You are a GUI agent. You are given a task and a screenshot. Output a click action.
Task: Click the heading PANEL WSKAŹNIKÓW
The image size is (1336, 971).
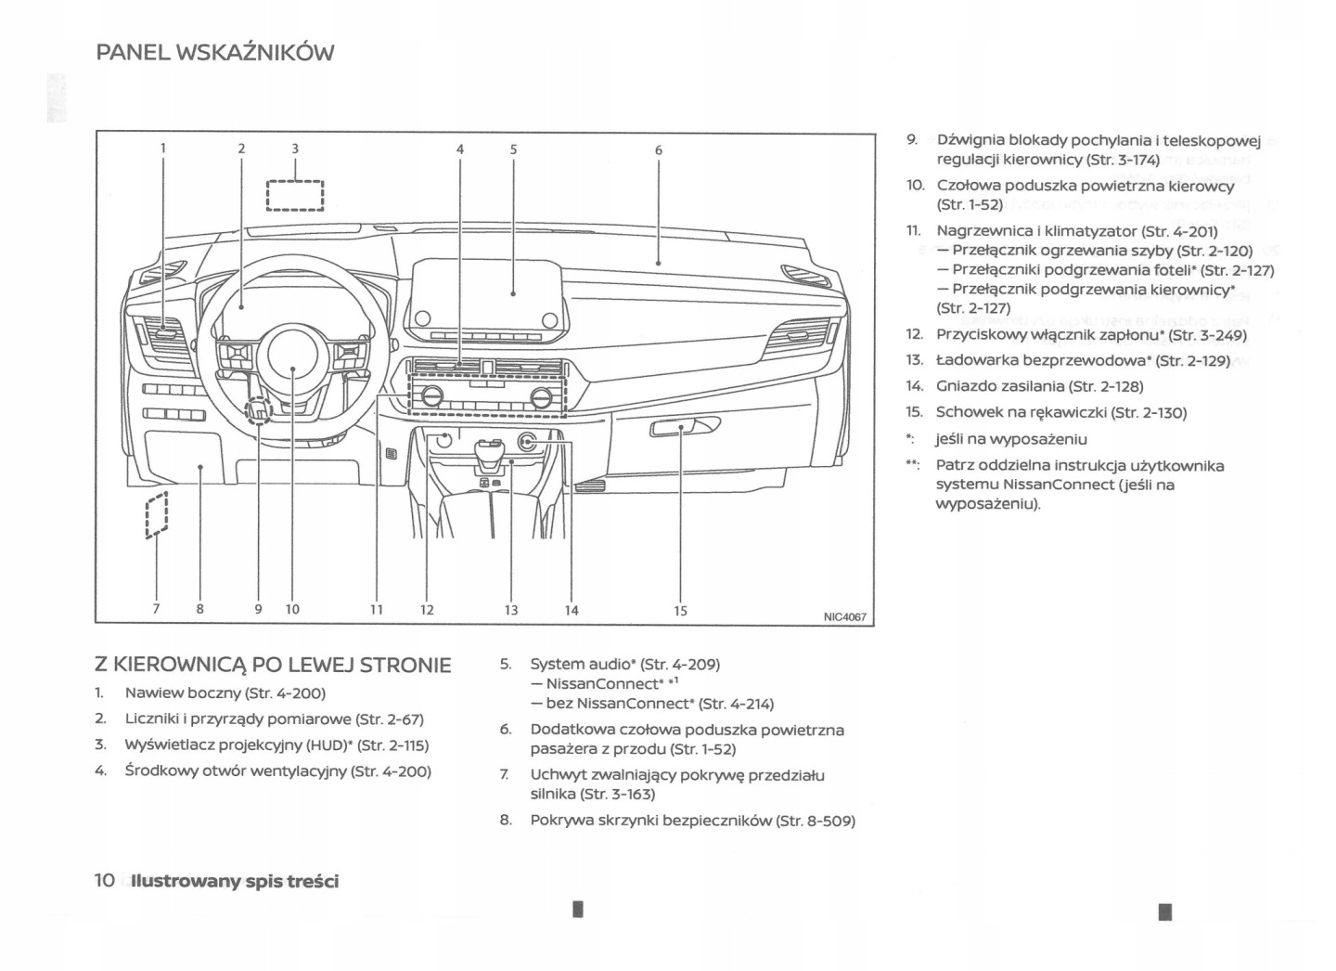pos(214,53)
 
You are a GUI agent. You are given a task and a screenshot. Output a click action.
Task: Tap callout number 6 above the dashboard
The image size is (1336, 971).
pos(658,149)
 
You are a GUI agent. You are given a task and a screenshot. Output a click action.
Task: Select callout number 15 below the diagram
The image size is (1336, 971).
pos(681,610)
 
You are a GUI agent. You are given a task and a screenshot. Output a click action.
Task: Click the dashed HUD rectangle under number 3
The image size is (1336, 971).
pos(295,195)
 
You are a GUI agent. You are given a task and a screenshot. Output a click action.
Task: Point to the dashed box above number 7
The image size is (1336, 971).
pos(157,513)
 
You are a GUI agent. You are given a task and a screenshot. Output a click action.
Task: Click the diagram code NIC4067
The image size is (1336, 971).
pos(844,616)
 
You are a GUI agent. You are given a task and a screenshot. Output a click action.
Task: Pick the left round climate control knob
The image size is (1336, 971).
pos(431,397)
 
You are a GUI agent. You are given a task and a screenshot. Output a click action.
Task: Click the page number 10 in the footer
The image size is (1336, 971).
pos(105,880)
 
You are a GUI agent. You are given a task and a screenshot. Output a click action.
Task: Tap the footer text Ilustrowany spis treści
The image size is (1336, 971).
pos(235,881)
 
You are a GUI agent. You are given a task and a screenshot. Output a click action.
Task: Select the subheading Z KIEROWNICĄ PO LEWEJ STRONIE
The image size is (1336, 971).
pos(273,665)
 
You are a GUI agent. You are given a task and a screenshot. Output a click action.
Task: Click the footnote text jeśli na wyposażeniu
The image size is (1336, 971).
pos(1010,439)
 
